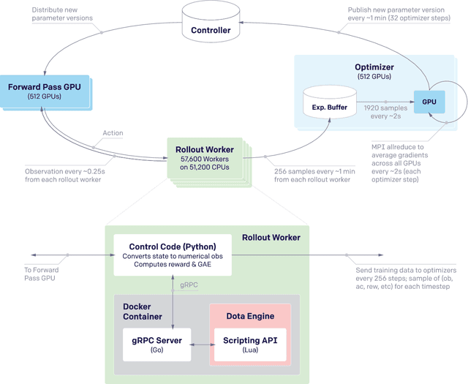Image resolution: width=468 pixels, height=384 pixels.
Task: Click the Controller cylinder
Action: click(211, 26)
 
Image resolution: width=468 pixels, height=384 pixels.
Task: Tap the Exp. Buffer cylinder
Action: click(329, 104)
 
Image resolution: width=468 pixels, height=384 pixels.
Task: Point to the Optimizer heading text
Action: click(374, 67)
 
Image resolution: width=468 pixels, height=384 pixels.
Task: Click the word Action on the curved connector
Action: click(113, 133)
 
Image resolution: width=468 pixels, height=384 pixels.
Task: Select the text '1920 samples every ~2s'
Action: click(385, 112)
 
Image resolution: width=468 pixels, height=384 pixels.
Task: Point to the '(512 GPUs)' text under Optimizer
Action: click(374, 78)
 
